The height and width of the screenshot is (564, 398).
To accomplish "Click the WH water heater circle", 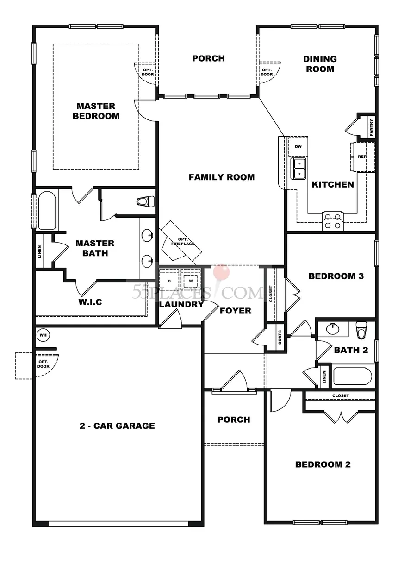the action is [x=44, y=335].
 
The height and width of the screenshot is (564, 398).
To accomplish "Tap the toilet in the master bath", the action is [x=145, y=201].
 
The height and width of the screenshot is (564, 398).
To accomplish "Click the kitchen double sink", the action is [x=298, y=169].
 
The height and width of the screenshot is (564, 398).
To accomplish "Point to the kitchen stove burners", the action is [x=332, y=221].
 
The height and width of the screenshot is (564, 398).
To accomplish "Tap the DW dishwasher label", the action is [x=298, y=146].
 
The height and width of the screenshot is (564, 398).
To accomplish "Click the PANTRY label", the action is [x=371, y=127].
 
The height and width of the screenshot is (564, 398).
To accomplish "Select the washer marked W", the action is [x=191, y=281].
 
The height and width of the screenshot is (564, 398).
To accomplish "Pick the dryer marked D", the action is [x=169, y=281].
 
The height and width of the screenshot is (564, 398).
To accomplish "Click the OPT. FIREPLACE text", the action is [x=183, y=241].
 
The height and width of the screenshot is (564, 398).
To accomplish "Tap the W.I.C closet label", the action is [x=90, y=302].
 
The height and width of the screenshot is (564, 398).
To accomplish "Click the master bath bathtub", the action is [x=47, y=211].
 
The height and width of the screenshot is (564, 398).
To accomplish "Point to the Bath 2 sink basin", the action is [x=333, y=329].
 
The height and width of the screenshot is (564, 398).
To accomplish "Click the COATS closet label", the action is [x=280, y=337].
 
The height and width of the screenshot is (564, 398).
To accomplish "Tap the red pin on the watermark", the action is [x=221, y=272].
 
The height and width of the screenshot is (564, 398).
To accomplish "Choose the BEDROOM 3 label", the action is [x=336, y=276].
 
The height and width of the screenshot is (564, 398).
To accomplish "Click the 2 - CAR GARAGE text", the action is [x=117, y=426].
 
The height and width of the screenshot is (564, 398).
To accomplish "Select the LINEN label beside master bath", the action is [x=39, y=252].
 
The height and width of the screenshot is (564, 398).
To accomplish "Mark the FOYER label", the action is [x=236, y=311].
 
